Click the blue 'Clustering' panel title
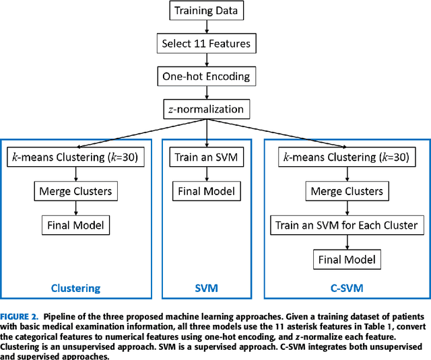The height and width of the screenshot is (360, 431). coord(75,288)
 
